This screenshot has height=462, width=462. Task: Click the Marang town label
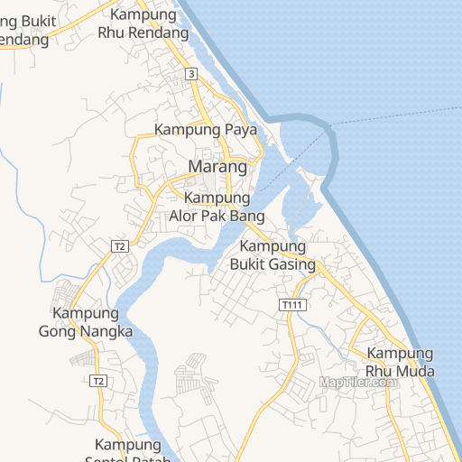pos(217,167)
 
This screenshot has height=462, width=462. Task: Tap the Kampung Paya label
pos(207,130)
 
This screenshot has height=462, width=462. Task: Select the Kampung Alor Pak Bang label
pos(217,208)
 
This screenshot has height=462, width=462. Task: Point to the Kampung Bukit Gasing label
pos(279,255)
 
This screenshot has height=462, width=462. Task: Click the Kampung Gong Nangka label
pos(86,322)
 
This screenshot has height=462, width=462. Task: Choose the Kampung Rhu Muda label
pos(400,362)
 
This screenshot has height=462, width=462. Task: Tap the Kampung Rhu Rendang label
pos(144,24)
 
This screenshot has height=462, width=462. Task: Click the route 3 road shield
pos(191,74)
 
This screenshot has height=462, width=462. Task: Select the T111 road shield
pos(291,305)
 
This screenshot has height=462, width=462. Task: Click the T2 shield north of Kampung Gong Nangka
pos(119,245)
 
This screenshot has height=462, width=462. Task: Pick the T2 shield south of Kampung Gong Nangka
pos(98,381)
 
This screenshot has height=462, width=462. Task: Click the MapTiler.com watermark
pos(358,382)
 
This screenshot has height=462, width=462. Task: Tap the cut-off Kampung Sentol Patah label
pos(127,450)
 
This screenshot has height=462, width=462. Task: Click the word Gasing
pos(293,264)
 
